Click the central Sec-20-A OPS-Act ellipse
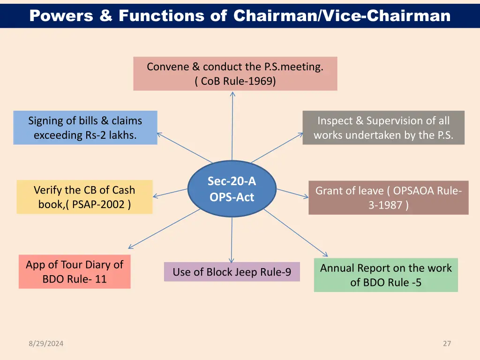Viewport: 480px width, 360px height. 232,189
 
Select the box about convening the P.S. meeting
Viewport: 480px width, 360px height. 235,74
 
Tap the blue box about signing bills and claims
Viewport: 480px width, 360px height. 85,127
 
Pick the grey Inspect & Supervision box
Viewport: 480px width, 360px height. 383,127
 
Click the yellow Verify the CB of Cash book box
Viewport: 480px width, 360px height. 84,197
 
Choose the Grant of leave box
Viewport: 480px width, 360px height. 388,198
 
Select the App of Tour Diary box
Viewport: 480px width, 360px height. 75,271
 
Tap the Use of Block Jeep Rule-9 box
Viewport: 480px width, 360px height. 232,272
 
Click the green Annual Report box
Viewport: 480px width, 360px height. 385,275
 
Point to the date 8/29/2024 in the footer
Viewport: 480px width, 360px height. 45,344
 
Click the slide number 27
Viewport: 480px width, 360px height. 447,344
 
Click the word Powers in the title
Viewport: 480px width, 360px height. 60,16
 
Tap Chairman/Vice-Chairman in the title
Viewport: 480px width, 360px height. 342,16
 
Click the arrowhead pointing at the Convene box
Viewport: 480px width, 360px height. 232,93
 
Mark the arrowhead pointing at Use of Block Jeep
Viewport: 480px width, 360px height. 231,260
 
